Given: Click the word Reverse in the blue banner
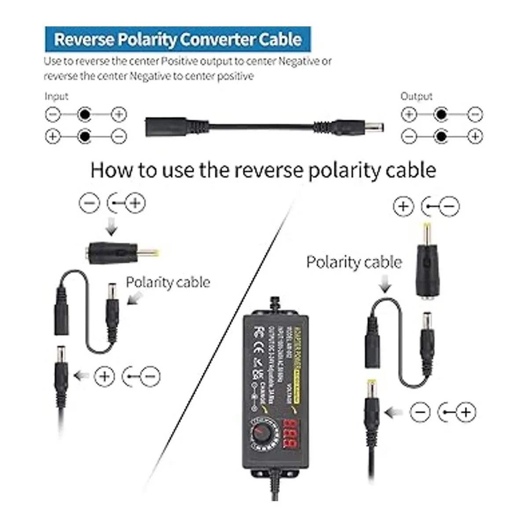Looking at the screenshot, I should [x=84, y=40].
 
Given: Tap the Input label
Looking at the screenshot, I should [x=56, y=96].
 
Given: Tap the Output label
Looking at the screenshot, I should [x=416, y=96].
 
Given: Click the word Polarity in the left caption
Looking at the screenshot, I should [x=150, y=282].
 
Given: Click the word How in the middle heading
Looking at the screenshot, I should [x=110, y=170].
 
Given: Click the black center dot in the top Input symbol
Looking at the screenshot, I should [x=84, y=115].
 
